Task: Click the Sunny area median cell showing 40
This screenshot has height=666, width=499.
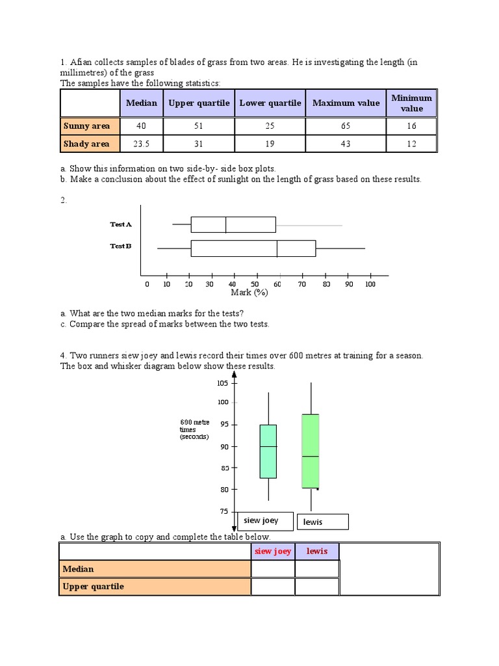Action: point(141,126)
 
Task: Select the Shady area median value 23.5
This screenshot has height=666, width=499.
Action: point(141,144)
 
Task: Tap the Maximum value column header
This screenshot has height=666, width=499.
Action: point(346,103)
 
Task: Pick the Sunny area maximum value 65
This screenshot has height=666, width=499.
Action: point(346,126)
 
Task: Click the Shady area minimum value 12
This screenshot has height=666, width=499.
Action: point(411,144)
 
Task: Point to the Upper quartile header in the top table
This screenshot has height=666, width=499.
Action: point(199,103)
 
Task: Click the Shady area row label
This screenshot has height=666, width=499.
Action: point(86,144)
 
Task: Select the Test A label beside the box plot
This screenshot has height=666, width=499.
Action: point(121,224)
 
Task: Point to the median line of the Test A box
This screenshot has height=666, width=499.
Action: point(225,224)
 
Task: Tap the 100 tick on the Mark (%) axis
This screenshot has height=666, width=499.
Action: point(370,284)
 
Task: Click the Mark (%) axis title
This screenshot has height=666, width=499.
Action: point(249,293)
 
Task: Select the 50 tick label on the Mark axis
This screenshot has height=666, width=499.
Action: point(255,284)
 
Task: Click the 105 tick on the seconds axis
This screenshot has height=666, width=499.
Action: point(223,383)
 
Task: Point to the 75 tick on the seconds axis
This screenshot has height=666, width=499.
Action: point(223,511)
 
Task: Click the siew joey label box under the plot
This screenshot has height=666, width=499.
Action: point(261,520)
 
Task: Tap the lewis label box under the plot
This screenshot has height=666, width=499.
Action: point(322,522)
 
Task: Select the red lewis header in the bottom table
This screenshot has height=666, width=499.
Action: point(317,552)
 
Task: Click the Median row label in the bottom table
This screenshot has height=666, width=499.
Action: point(79,569)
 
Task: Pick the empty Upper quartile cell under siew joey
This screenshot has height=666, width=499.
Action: point(273,587)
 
